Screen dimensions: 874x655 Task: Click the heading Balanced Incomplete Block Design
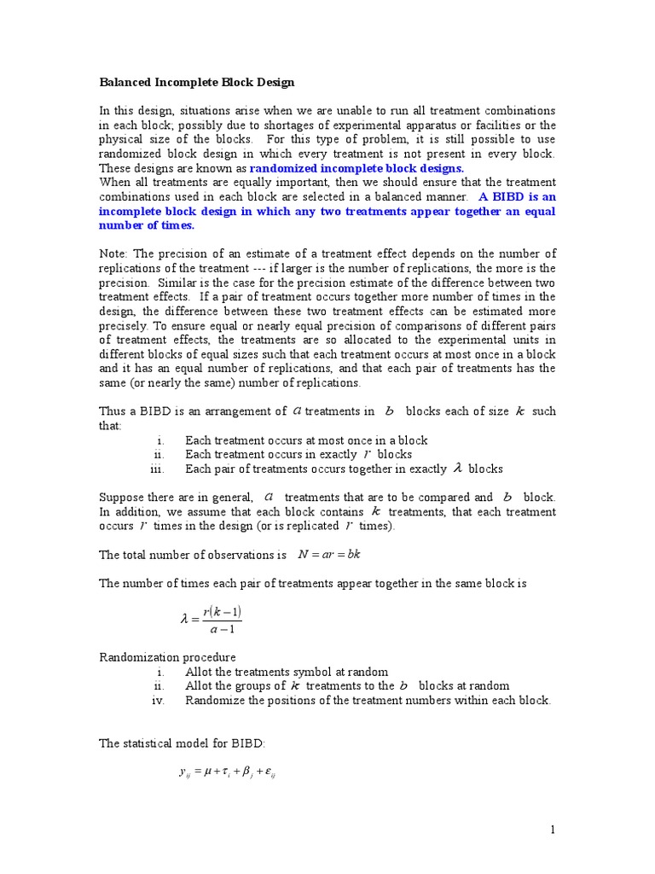coord(197,82)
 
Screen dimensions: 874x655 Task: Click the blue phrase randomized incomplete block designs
coord(356,168)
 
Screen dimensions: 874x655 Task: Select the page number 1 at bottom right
coord(552,830)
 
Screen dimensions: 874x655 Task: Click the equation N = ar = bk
coord(329,554)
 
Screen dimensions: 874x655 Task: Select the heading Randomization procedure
coord(168,657)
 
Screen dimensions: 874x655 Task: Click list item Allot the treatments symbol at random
coord(287,672)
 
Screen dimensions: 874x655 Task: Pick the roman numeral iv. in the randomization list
coord(157,701)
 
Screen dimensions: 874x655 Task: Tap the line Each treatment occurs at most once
coord(306,440)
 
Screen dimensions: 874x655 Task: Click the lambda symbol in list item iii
coord(457,469)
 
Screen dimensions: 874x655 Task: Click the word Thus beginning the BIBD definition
coord(114,411)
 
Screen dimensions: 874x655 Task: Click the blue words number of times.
coord(147,225)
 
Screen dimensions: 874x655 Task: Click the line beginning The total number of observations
coord(193,555)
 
